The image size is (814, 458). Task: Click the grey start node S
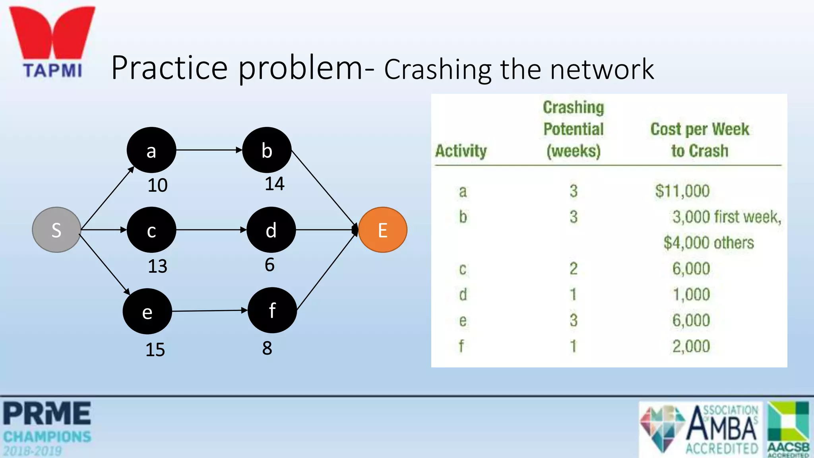(56, 230)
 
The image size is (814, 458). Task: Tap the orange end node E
(382, 230)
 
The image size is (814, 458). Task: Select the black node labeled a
(151, 150)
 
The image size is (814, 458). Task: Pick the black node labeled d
(271, 230)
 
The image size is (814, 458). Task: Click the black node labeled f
(272, 310)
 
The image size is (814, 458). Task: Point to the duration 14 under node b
(274, 184)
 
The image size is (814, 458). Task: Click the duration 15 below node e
(155, 349)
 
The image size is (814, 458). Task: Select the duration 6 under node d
(269, 265)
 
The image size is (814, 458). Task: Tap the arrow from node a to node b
(209, 150)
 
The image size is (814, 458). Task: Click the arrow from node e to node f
(209, 311)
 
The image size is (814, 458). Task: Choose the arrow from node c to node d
(211, 230)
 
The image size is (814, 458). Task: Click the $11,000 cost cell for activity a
(682, 191)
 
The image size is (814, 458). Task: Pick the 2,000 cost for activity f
(691, 346)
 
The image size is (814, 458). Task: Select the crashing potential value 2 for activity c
(573, 269)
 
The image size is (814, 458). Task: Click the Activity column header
(461, 151)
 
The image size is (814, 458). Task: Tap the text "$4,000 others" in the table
(708, 243)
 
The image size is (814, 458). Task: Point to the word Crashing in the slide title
(437, 70)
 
